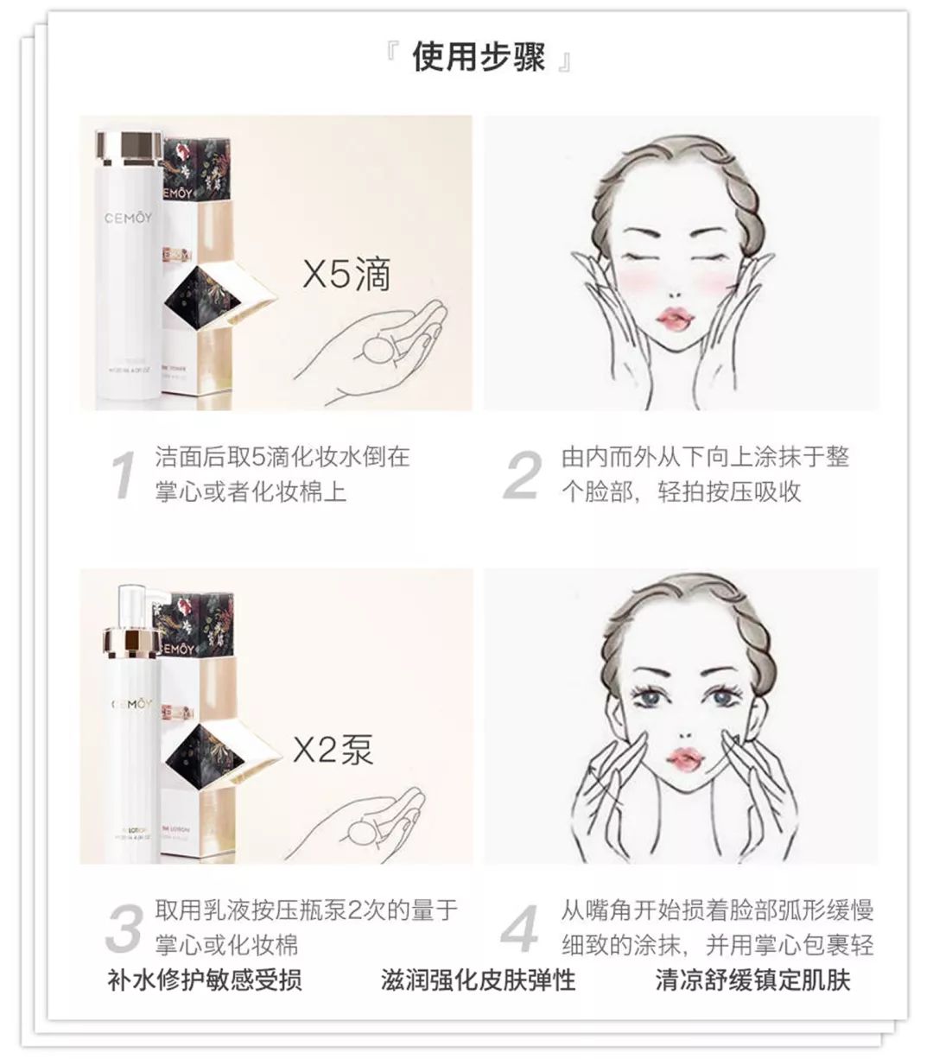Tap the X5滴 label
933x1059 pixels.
(x=346, y=274)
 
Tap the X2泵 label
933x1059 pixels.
(x=333, y=749)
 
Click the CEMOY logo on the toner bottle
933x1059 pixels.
(x=127, y=218)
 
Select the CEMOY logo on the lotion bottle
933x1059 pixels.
(x=130, y=704)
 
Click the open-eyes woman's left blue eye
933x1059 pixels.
(x=651, y=697)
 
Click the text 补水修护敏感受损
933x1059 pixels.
(x=205, y=980)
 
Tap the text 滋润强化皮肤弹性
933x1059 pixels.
(x=478, y=980)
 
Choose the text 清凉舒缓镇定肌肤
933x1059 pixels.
(x=752, y=980)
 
